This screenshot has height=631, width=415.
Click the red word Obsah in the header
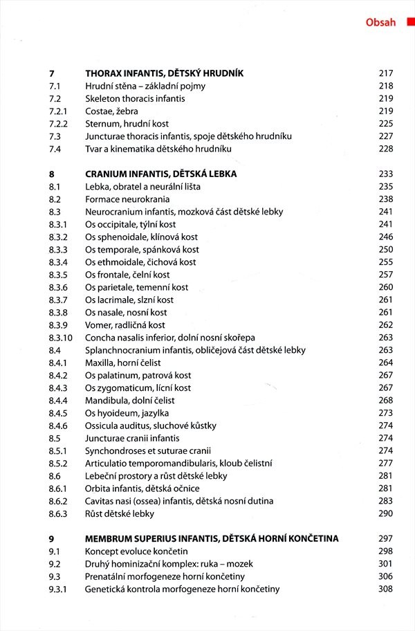[x=380, y=22]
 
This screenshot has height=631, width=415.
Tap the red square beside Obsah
[x=410, y=22]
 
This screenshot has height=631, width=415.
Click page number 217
[x=385, y=73]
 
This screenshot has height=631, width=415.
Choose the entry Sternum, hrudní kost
[x=127, y=124]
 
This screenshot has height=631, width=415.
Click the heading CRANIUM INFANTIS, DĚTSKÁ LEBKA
[x=160, y=174]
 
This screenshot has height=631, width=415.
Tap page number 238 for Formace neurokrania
[x=385, y=199]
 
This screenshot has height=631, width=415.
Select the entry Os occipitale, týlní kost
[x=131, y=225]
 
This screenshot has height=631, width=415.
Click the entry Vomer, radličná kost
[x=125, y=325]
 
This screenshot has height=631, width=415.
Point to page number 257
[x=385, y=275]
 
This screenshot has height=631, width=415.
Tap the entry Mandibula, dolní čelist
[x=130, y=401]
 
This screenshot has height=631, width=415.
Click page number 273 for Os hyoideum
[x=385, y=413]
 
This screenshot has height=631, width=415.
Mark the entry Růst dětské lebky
[x=120, y=514]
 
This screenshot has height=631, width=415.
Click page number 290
[x=385, y=514]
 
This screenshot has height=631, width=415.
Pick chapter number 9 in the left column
[x=52, y=539]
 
